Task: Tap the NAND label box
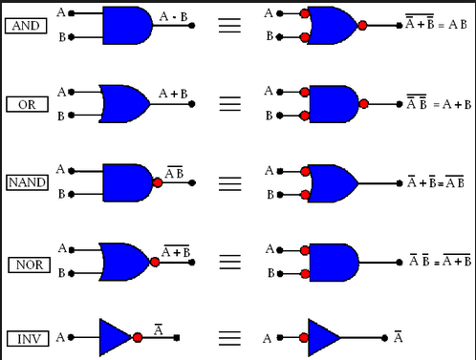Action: point(28,181)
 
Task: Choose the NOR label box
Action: point(28,263)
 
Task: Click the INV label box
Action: point(28,338)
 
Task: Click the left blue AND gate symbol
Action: point(125,25)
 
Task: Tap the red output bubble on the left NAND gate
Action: point(158,181)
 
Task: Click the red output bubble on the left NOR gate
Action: point(158,260)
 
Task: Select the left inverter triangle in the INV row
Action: point(115,337)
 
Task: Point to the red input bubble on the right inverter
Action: point(304,337)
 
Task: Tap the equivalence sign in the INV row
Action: point(229,337)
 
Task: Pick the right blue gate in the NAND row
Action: point(331,181)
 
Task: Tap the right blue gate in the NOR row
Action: point(331,260)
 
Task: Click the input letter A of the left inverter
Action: point(60,337)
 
